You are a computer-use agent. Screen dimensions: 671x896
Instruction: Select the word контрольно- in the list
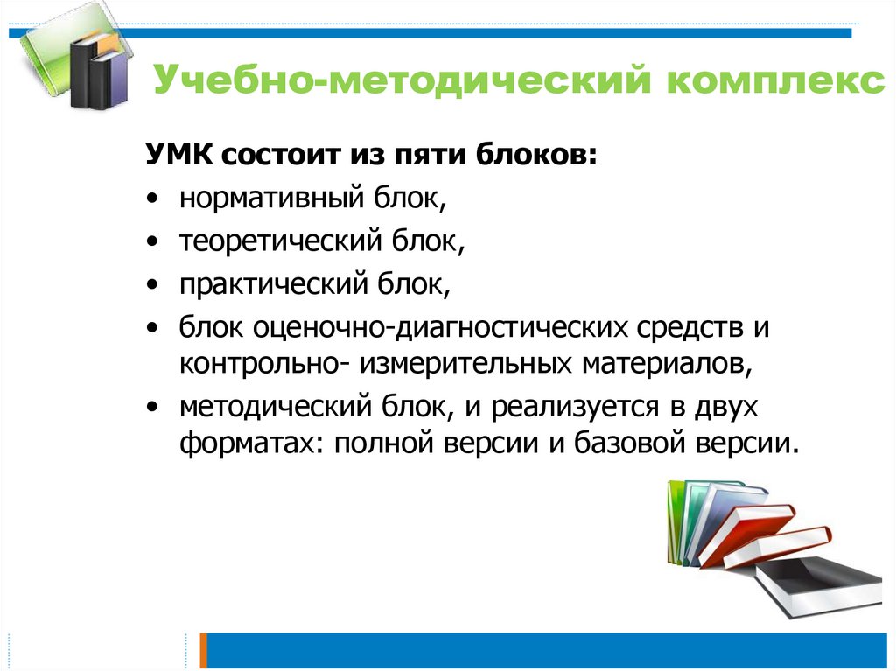coord(262,361)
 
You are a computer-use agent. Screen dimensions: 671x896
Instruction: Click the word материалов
coord(664,361)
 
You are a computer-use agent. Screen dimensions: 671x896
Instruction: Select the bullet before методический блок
coord(153,407)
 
